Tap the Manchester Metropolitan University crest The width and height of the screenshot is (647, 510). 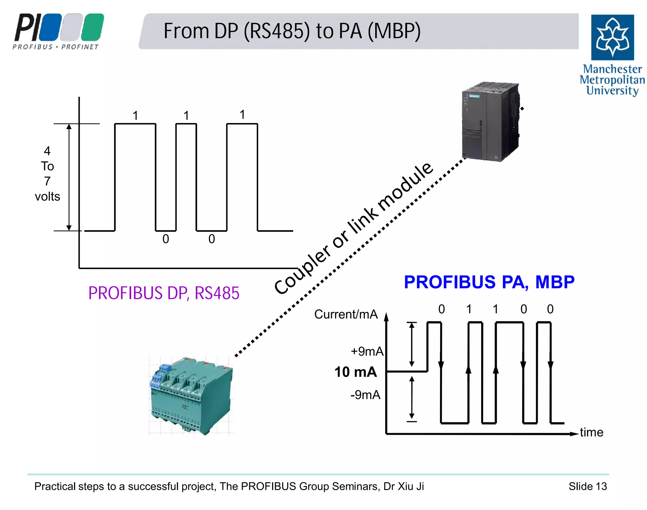click(x=612, y=37)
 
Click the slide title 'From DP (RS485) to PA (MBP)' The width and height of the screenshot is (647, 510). click(x=292, y=31)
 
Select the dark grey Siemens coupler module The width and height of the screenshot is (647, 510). click(x=490, y=122)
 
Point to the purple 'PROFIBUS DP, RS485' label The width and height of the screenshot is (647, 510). click(x=164, y=293)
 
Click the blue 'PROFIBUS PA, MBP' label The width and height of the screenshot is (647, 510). click(x=489, y=282)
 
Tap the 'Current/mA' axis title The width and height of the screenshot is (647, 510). click(x=346, y=314)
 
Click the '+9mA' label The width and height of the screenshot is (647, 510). click(x=367, y=351)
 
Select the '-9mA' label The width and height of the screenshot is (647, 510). click(x=366, y=395)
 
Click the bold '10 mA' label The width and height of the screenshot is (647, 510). click(x=356, y=372)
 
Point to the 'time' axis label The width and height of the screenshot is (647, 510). click(x=591, y=432)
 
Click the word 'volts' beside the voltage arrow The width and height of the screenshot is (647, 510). click(x=47, y=196)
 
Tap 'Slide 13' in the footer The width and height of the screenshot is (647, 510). click(x=588, y=486)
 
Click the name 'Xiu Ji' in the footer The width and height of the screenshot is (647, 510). click(x=411, y=486)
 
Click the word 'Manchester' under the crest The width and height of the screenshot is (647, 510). click(x=612, y=69)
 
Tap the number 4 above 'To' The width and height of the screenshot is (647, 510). click(x=47, y=151)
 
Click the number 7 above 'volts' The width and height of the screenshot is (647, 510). click(x=47, y=181)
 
